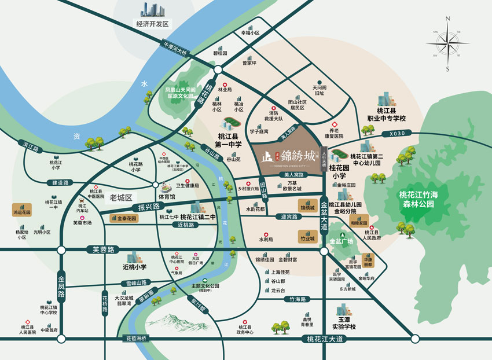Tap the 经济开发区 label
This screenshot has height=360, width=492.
coord(152,24)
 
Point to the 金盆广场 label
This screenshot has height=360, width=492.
coord(341,241)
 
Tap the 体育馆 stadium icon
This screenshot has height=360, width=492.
coord(166,187)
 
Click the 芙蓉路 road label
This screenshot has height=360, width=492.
coord(104,249)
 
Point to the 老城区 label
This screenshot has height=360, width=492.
coord(121,197)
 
